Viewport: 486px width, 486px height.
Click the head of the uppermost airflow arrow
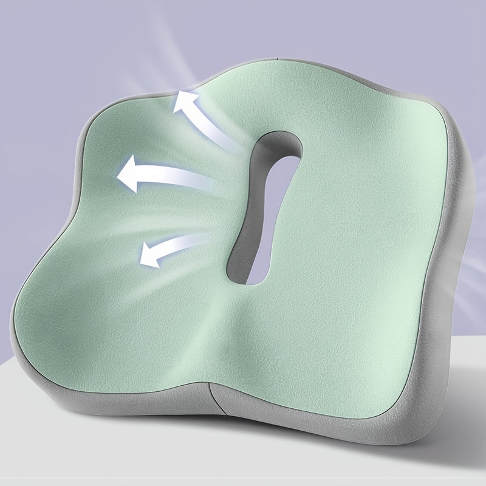(x=182, y=103)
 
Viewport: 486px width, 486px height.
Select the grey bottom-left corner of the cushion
(x=36, y=371)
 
